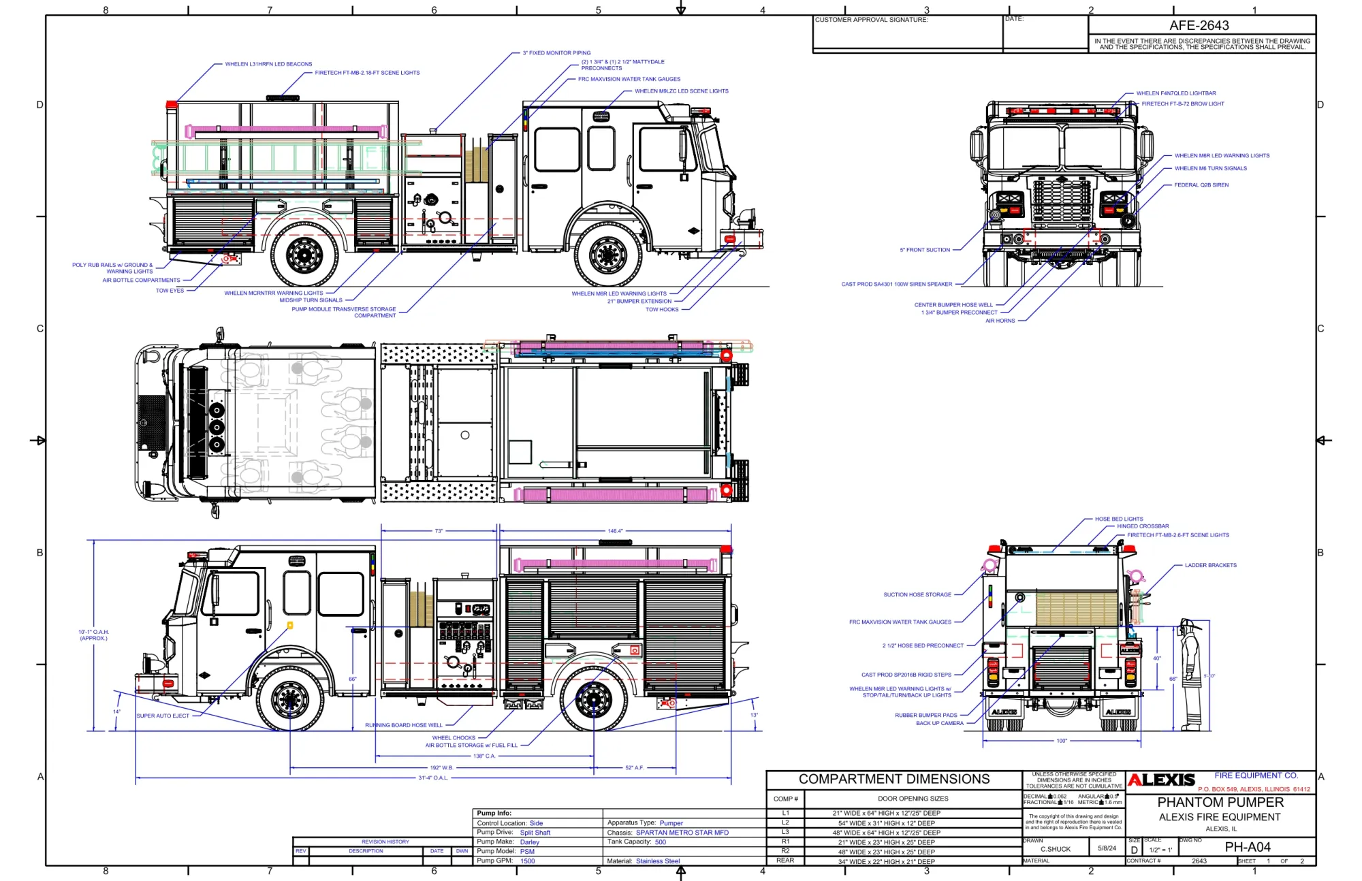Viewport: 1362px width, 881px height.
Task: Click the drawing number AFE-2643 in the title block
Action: (1199, 26)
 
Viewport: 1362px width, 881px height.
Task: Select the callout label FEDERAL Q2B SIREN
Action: (1201, 185)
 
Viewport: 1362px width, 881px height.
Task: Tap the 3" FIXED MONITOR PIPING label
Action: (556, 53)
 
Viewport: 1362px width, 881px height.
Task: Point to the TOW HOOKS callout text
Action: (662, 310)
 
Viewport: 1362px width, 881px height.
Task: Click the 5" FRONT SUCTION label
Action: (925, 250)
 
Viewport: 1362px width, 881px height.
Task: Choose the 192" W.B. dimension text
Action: (441, 767)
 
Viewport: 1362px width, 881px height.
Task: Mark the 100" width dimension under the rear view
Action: (1062, 741)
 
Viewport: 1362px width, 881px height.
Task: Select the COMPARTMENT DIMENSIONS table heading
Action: (893, 780)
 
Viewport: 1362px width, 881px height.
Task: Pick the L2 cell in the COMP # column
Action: (785, 823)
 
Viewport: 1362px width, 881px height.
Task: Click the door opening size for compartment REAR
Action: (886, 862)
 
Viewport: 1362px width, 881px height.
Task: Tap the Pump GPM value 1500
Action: (528, 861)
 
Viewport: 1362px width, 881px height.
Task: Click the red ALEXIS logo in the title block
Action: (1161, 780)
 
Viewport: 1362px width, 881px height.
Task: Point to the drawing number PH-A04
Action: (1248, 848)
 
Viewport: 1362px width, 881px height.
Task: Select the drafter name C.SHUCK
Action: (1055, 849)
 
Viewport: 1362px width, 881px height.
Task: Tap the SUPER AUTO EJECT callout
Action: (163, 716)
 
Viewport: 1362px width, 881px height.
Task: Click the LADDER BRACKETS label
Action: (1210, 565)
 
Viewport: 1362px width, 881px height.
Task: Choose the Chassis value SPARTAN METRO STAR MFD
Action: (682, 833)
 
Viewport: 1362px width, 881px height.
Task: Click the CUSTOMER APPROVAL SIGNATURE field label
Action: (871, 20)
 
